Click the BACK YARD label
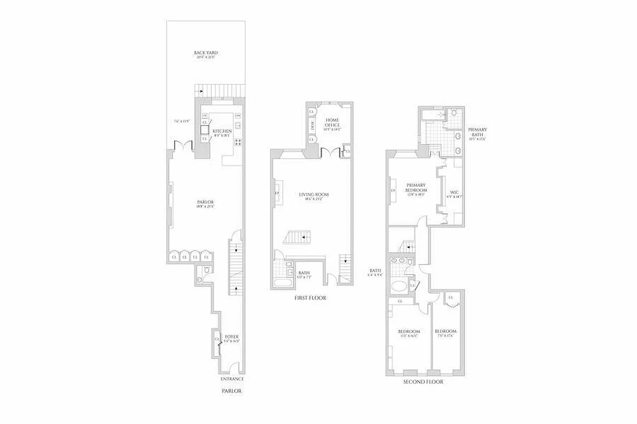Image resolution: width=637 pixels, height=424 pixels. [205, 53]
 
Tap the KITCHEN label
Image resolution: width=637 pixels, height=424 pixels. [222, 131]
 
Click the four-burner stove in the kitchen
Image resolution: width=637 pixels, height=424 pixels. [238, 142]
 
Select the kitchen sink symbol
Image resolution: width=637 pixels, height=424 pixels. [238, 126]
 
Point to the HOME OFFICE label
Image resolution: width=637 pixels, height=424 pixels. [332, 122]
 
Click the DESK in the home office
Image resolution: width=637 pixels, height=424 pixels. [313, 126]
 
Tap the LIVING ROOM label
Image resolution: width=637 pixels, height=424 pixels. [314, 195]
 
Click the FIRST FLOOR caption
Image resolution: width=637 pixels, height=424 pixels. [310, 298]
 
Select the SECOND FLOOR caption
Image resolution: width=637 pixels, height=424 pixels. [423, 382]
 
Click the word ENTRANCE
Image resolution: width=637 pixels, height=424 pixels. [232, 379]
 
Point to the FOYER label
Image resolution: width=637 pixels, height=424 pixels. [231, 337]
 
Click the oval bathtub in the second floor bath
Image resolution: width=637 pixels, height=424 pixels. [399, 287]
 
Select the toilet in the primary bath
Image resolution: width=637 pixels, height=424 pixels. [454, 113]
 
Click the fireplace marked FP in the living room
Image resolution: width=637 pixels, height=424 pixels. [277, 193]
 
